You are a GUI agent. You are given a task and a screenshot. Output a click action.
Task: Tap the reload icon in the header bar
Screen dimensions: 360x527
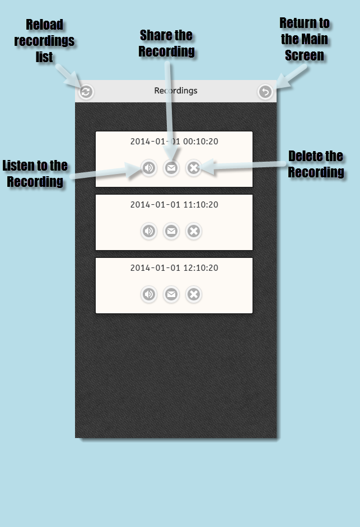click(86, 92)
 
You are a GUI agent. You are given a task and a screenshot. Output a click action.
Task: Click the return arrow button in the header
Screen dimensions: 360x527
click(265, 92)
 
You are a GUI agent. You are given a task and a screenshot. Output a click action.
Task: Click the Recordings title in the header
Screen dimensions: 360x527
click(176, 91)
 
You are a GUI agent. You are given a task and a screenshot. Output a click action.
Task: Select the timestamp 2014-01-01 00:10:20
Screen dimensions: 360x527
click(174, 142)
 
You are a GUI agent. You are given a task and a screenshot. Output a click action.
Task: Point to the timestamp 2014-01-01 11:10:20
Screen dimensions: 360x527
click(174, 205)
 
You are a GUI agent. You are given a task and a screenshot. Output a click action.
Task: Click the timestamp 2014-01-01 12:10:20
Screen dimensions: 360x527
click(174, 268)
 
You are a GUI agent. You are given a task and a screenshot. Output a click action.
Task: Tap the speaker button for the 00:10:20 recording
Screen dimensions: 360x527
click(149, 168)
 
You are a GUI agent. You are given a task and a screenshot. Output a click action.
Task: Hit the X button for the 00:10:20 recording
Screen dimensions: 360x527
click(194, 168)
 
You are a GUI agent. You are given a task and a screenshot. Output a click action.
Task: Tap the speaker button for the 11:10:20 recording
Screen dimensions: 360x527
click(149, 231)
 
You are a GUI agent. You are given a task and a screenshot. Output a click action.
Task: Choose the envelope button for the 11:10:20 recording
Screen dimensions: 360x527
click(171, 231)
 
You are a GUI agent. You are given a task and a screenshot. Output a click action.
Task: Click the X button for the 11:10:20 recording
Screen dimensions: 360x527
click(194, 231)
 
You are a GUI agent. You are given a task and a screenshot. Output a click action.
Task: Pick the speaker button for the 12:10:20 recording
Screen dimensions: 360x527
click(149, 294)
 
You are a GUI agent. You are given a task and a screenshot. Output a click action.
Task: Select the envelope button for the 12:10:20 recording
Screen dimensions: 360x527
click(171, 294)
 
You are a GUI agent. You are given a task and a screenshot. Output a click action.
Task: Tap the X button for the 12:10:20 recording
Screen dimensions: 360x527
click(194, 294)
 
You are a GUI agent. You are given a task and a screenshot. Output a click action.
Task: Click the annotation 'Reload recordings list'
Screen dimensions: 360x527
click(44, 41)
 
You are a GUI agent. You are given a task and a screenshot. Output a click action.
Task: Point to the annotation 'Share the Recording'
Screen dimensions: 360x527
click(166, 43)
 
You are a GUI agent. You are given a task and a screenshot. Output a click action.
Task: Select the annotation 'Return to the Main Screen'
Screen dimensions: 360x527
click(305, 39)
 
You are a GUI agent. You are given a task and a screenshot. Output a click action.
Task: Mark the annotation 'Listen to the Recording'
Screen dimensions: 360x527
click(35, 173)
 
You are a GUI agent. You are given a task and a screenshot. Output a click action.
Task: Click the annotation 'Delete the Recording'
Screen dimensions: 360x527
click(316, 164)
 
